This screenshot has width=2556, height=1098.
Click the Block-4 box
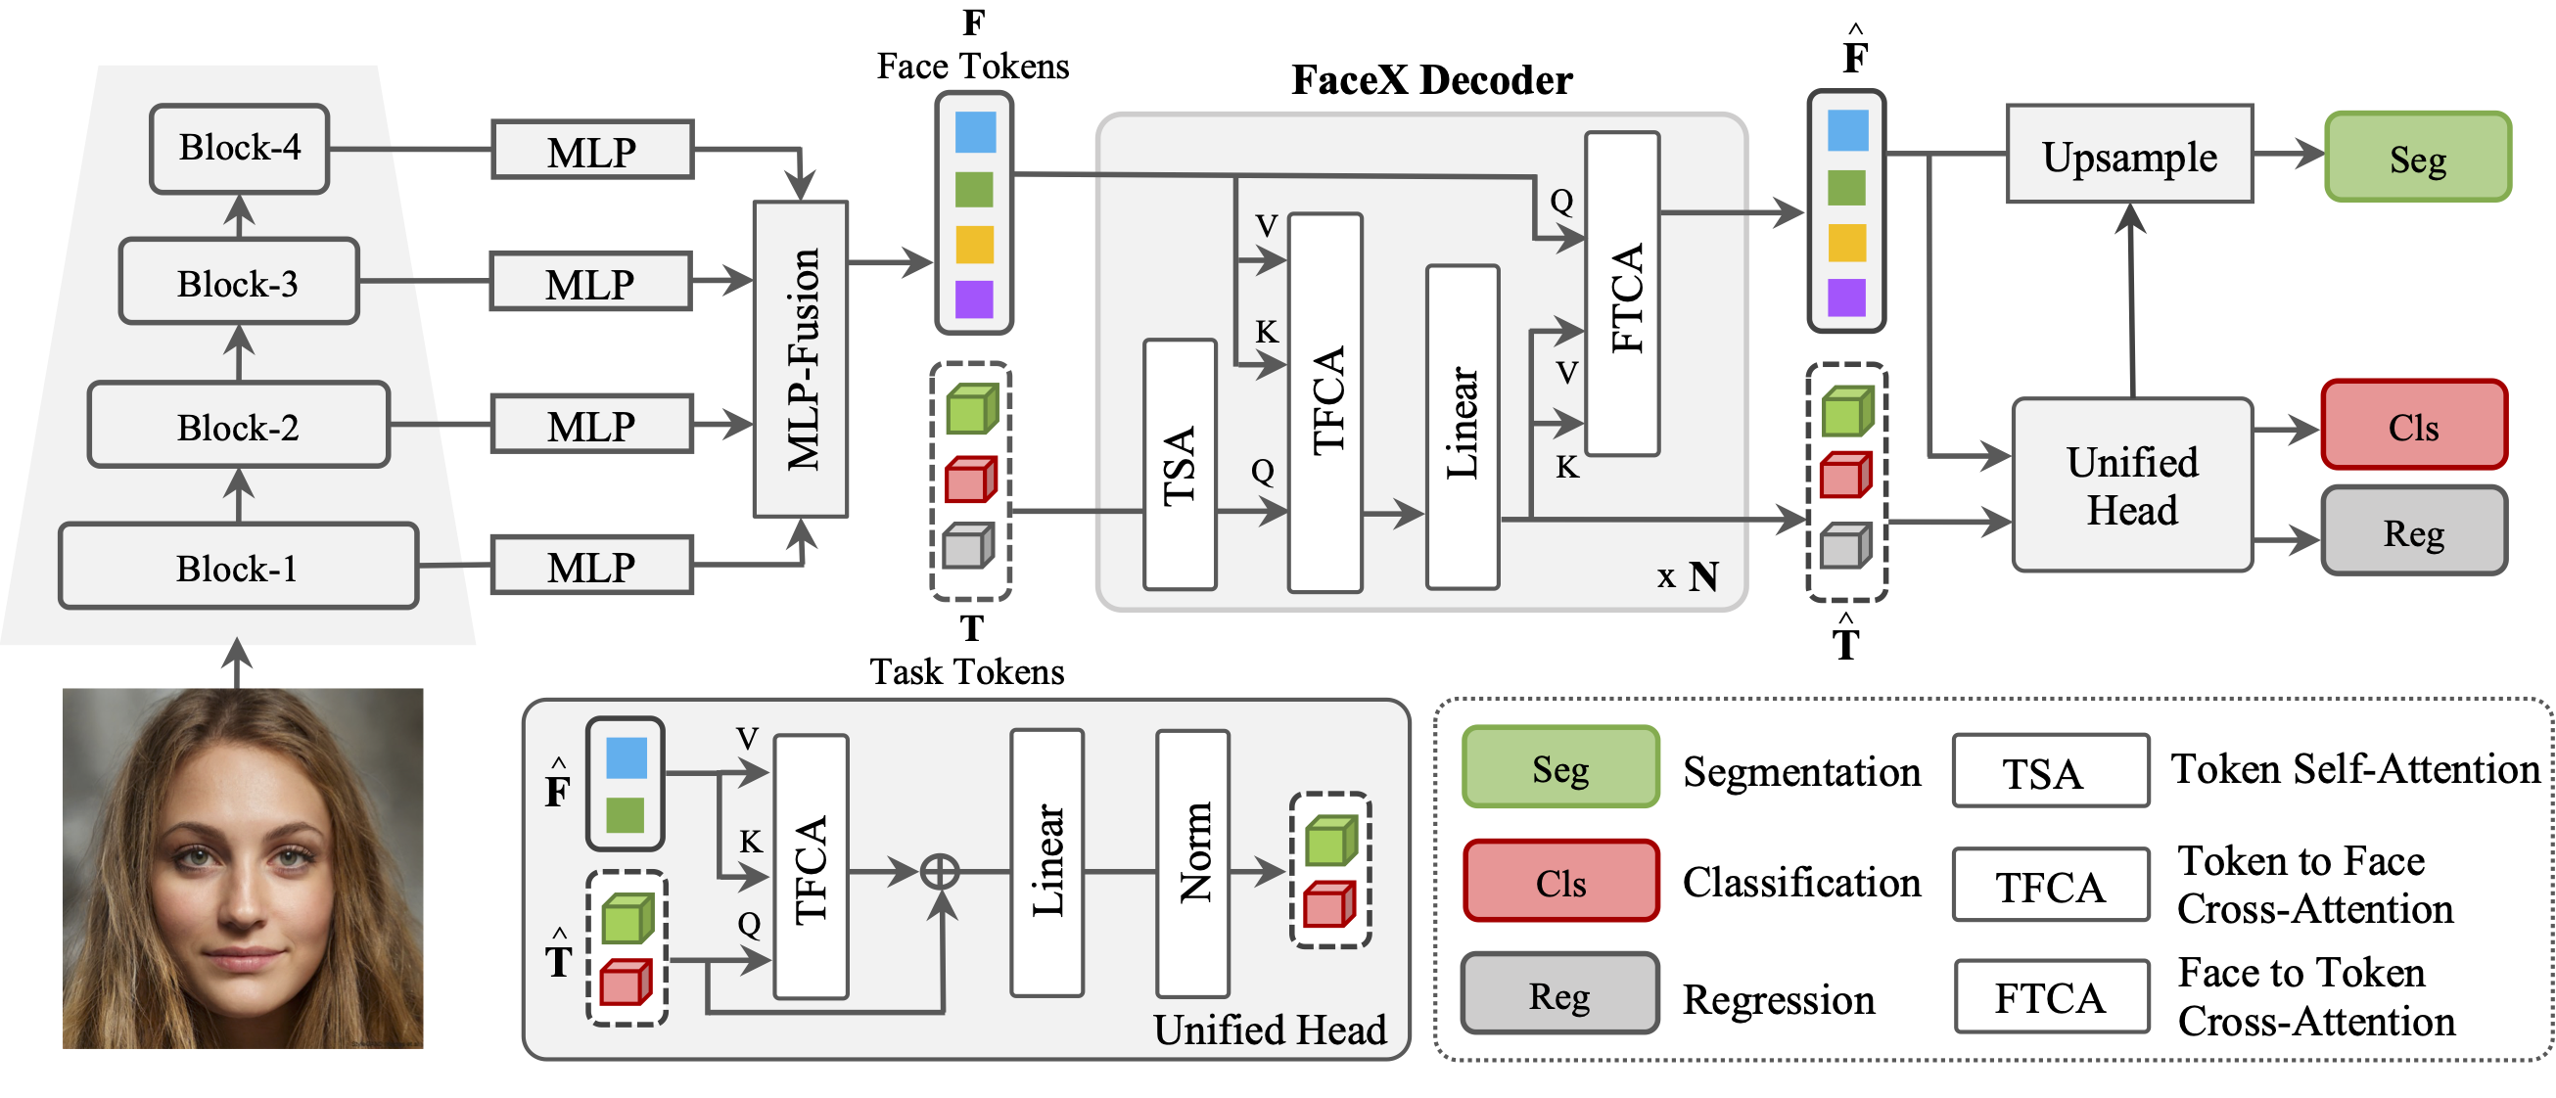(x=239, y=149)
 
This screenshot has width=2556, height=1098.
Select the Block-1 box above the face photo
(x=238, y=567)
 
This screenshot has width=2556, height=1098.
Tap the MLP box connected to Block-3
(x=590, y=282)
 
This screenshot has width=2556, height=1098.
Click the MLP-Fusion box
(x=801, y=359)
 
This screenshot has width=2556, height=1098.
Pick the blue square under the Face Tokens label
(x=974, y=132)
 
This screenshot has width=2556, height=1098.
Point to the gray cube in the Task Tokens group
(x=968, y=545)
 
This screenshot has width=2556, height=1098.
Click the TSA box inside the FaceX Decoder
(x=1180, y=464)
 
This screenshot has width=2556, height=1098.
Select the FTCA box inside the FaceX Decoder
(x=1622, y=294)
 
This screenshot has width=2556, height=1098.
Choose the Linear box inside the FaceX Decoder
(x=1462, y=427)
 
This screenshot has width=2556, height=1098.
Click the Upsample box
(x=2129, y=154)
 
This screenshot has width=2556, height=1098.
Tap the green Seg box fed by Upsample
(x=2417, y=157)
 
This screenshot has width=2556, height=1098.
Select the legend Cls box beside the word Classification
(x=1560, y=881)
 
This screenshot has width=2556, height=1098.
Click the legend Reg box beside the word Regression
(x=1559, y=994)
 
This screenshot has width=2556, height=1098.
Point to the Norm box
(x=1192, y=863)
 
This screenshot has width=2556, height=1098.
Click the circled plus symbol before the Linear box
(x=940, y=872)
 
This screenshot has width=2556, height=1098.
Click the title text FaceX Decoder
(x=1432, y=79)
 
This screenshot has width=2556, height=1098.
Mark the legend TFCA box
(x=2050, y=885)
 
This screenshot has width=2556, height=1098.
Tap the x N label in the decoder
(x=1688, y=575)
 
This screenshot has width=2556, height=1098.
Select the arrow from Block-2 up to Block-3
(x=239, y=353)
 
